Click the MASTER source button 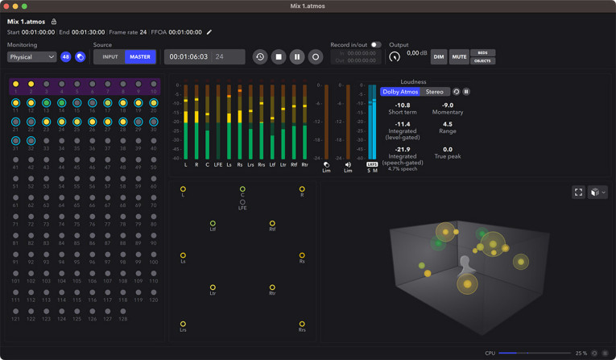coord(140,57)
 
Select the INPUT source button coord(110,57)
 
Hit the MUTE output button coord(459,57)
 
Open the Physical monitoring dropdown coord(32,57)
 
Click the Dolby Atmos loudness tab coord(401,92)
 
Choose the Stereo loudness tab coord(435,92)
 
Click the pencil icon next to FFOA coord(209,32)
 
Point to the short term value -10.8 coord(402,106)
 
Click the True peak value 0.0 coord(447,149)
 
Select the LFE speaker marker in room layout coord(242,202)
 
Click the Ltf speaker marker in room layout coord(213,223)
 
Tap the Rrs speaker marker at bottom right coord(302,324)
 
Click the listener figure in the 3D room coord(465,266)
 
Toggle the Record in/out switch coord(376,45)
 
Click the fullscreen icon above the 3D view coord(578,192)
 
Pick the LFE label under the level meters coord(217,165)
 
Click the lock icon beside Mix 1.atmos coord(54,22)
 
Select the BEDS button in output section coord(482,53)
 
